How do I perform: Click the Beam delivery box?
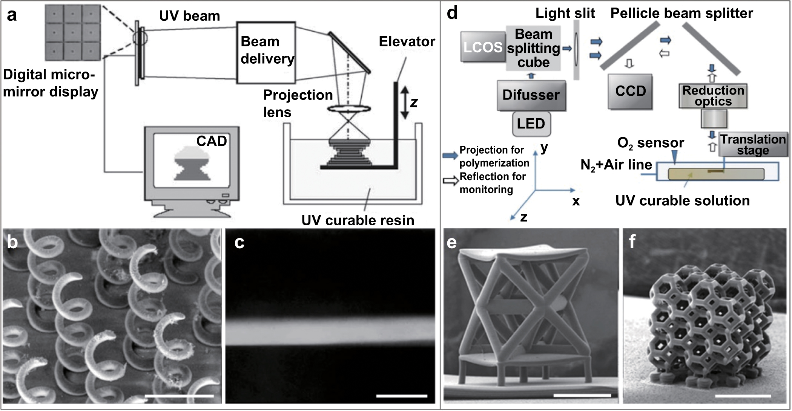click(x=266, y=52)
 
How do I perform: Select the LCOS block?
click(x=483, y=47)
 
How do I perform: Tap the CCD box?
click(x=630, y=91)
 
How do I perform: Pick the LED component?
click(x=531, y=124)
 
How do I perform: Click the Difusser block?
click(x=531, y=95)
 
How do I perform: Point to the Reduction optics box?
click(x=713, y=96)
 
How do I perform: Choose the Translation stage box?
click(x=753, y=144)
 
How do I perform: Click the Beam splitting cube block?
click(x=533, y=48)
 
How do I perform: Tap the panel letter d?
click(x=452, y=14)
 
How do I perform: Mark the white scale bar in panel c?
click(x=402, y=396)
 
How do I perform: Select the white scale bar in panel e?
click(x=582, y=395)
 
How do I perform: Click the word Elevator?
click(x=407, y=41)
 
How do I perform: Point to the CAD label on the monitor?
click(x=211, y=141)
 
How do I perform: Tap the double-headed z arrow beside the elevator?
click(x=404, y=102)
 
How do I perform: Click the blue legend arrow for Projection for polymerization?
click(x=450, y=156)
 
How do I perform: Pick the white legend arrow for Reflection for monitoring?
click(x=450, y=181)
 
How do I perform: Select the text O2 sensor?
click(x=650, y=143)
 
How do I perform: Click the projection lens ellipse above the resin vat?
click(x=348, y=109)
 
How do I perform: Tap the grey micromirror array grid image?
click(x=73, y=32)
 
